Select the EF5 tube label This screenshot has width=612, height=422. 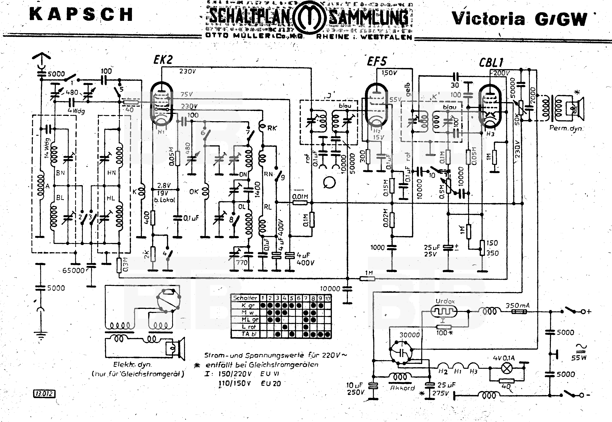(377, 62)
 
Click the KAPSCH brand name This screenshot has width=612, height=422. (81, 15)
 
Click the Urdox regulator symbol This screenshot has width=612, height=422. (444, 312)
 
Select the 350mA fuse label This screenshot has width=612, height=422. (517, 306)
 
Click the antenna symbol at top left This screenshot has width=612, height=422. (41, 57)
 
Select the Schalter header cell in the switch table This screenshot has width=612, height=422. (245, 298)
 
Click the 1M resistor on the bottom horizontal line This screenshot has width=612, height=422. (367, 278)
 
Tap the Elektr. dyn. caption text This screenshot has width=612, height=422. (132, 365)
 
